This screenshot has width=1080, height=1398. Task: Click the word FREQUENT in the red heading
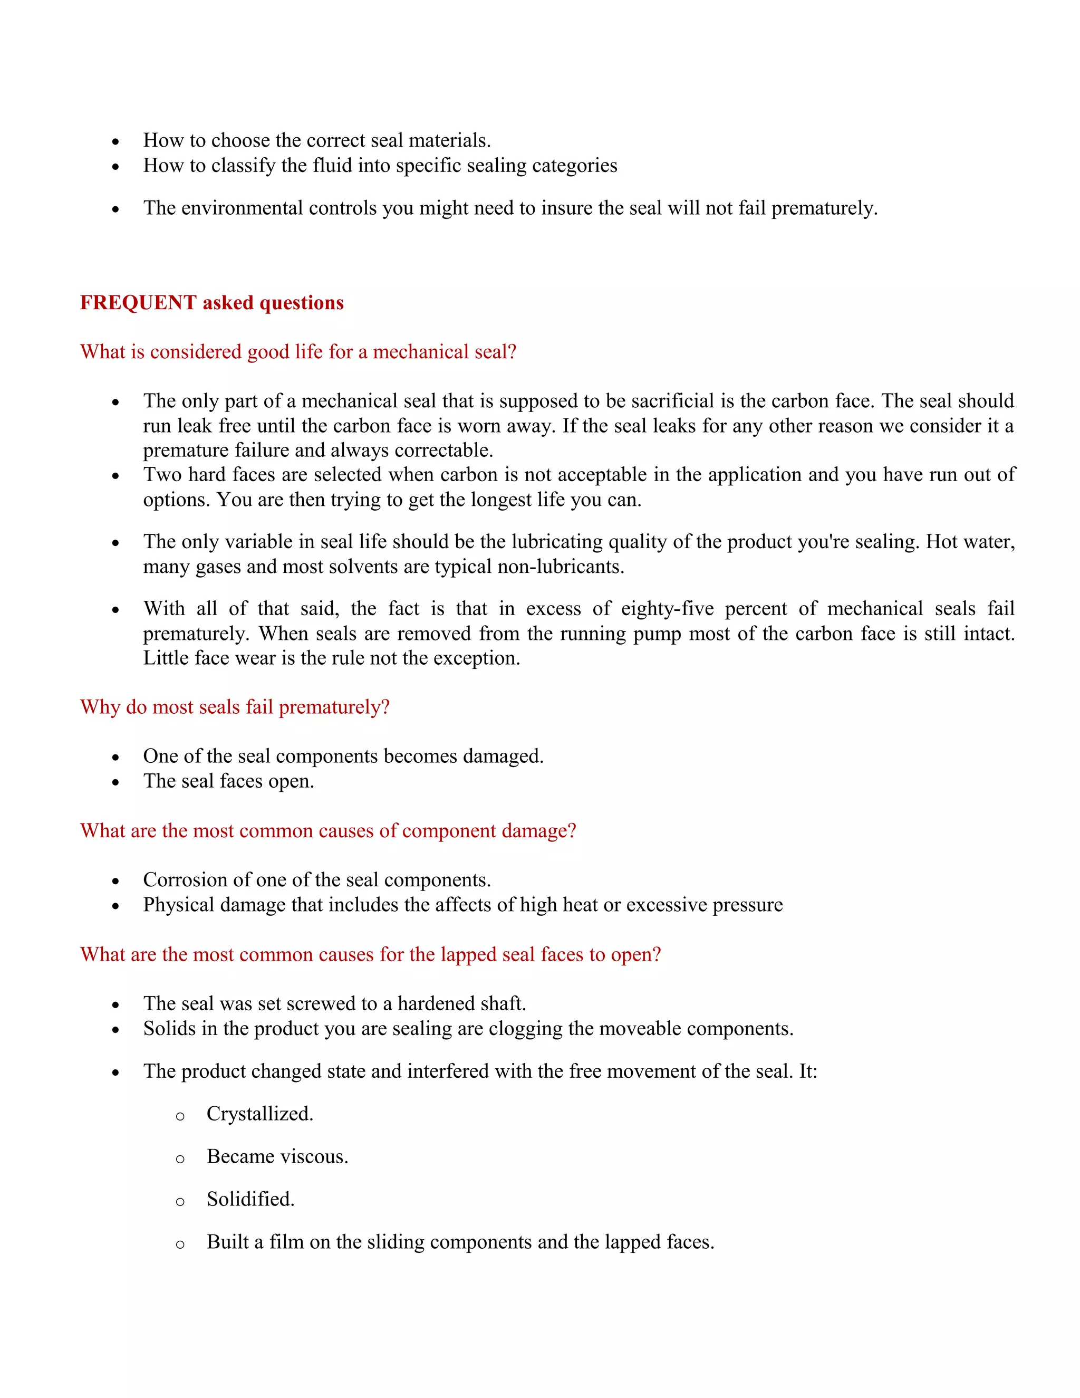click(138, 302)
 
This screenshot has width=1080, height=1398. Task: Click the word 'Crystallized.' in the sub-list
click(260, 1114)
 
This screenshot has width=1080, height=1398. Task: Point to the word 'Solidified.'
click(250, 1199)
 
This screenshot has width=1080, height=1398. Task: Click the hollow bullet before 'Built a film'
click(180, 1244)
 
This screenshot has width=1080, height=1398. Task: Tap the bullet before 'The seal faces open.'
click(115, 782)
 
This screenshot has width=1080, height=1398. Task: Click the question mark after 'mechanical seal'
click(512, 351)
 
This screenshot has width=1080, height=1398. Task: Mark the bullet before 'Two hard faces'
click(115, 476)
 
